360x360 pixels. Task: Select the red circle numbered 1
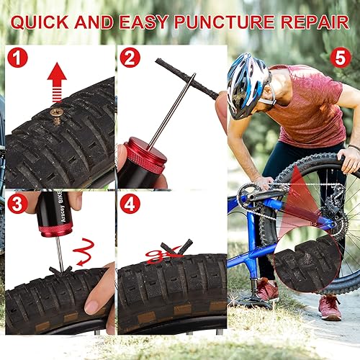[17, 58]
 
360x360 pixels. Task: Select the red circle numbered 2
[130, 58]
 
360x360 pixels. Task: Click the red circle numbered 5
[341, 57]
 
